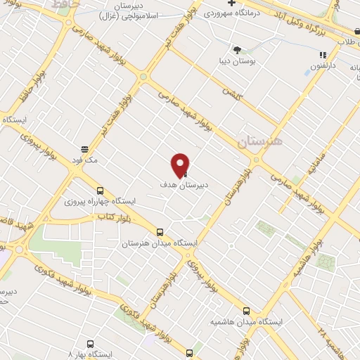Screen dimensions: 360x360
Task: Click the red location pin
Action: point(180,165)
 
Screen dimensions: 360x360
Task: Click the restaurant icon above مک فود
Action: point(84,148)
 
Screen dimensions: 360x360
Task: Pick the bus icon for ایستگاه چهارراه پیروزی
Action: point(99,190)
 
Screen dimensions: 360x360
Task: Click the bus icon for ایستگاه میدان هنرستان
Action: point(160,232)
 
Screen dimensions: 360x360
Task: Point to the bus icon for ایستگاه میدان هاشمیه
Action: point(245,310)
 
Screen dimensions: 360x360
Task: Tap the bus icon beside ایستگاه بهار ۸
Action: point(189,354)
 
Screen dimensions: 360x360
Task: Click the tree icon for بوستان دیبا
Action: point(237,49)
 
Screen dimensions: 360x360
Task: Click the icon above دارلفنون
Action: point(323,54)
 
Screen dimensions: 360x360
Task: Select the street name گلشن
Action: point(231,92)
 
